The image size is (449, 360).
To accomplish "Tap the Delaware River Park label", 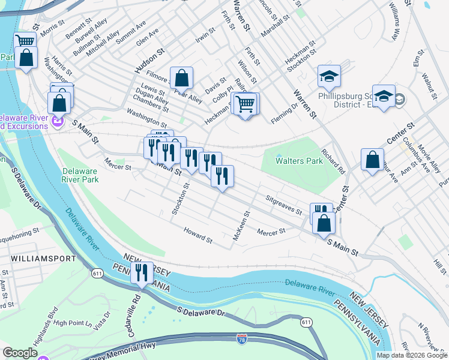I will coord(80,175).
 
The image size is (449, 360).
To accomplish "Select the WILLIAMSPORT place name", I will coord(43,259).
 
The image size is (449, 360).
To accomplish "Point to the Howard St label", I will coord(198,235).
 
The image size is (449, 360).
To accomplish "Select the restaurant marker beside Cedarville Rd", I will coord(142,274).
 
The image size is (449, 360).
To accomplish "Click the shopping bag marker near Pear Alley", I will coord(182,77).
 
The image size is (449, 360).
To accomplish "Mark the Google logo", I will coord(20,353).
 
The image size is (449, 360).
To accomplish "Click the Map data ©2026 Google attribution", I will coord(412,355).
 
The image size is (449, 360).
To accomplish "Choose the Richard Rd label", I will coord(333,161).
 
